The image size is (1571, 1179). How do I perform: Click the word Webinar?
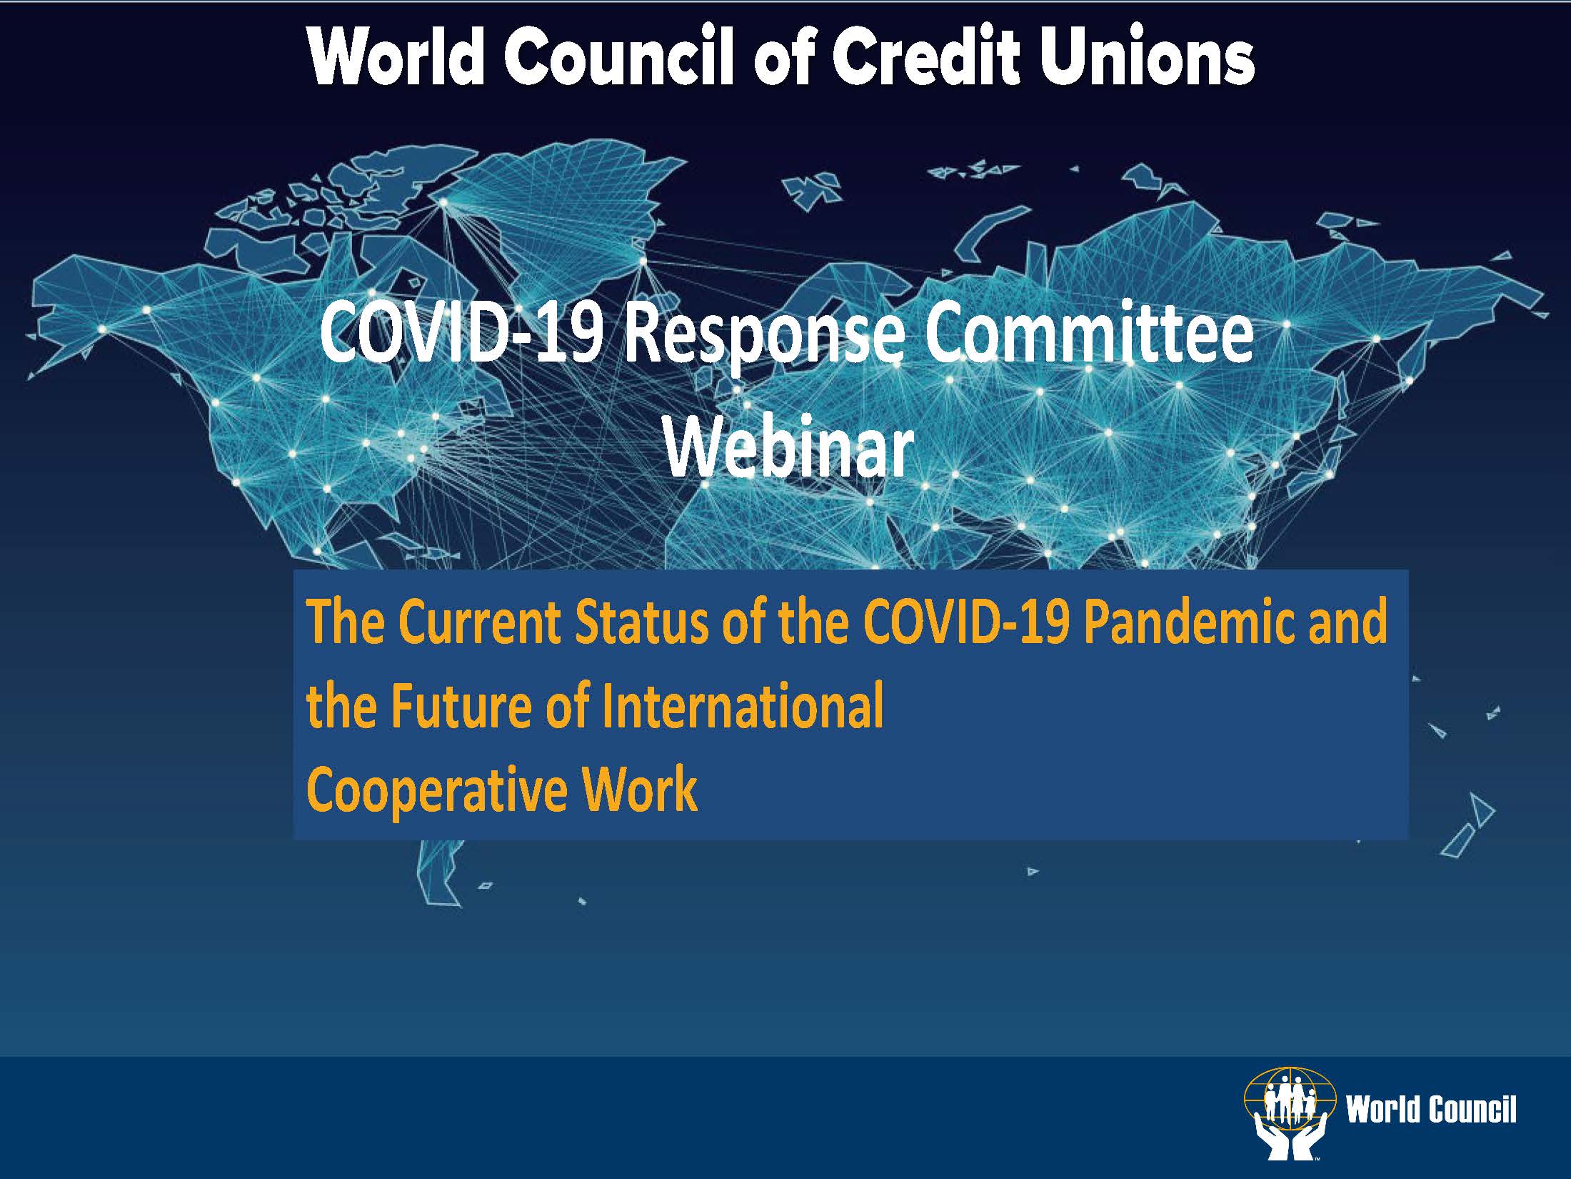click(789, 448)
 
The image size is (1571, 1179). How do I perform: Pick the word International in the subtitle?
click(743, 706)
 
